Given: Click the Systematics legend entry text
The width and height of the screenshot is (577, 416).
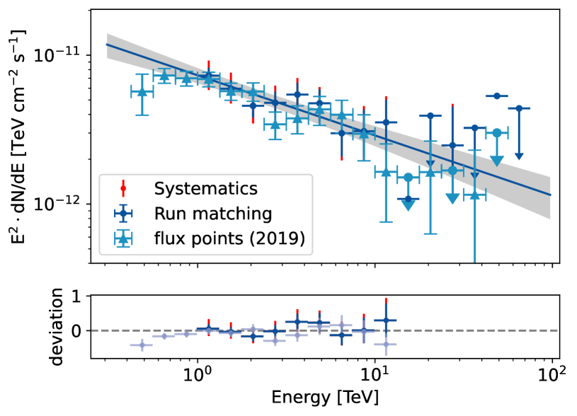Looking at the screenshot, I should coord(205,189).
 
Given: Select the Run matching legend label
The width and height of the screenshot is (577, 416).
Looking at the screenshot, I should coord(212,214).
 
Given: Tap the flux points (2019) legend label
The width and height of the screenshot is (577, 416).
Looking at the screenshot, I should coord(229,240).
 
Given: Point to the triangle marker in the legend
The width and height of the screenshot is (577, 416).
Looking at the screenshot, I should coord(123,241).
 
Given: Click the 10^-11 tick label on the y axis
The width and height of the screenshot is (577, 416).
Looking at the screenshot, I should coord(65,55).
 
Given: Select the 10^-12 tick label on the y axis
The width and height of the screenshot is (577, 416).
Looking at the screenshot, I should coord(65,204).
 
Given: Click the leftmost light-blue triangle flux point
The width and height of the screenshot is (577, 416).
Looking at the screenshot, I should coord(142,92).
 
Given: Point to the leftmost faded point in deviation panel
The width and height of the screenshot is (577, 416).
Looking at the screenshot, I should coord(142,345).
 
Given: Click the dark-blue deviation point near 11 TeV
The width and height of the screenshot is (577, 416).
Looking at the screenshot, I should coord(386,320).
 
